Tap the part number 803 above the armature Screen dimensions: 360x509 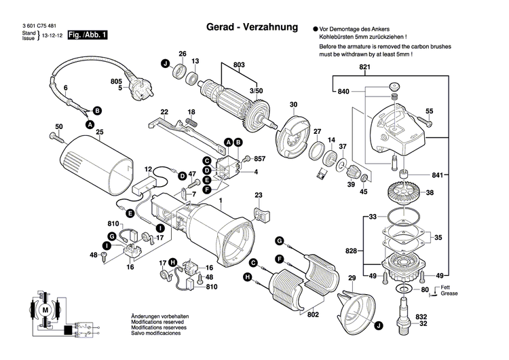click(x=238, y=65)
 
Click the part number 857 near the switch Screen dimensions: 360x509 click(x=259, y=158)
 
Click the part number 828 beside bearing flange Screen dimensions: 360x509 click(x=350, y=251)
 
